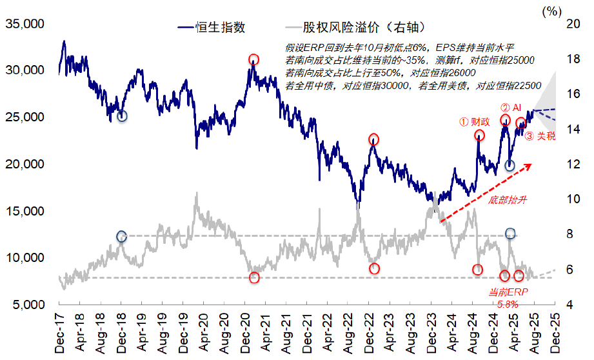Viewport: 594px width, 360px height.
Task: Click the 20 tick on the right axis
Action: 573,24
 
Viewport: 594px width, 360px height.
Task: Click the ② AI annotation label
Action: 511,107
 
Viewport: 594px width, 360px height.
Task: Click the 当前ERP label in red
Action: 509,292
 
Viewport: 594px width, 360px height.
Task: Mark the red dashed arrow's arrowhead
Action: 530,166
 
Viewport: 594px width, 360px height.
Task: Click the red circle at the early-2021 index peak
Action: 254,60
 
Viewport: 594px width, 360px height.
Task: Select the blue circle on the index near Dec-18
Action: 122,115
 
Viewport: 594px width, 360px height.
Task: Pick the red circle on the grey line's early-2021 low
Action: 254,277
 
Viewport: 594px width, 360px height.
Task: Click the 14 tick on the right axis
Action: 573,129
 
